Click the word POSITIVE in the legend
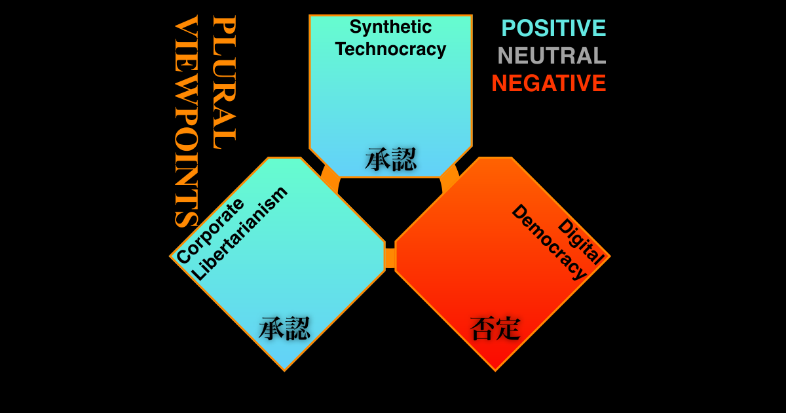click(x=553, y=28)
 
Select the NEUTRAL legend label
click(x=552, y=56)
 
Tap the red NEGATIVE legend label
click(x=549, y=83)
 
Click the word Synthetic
click(x=390, y=28)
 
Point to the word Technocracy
click(x=390, y=49)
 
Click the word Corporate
click(x=210, y=231)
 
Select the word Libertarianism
click(x=240, y=233)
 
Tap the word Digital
click(x=581, y=241)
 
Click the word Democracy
click(x=549, y=242)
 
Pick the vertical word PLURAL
click(x=224, y=82)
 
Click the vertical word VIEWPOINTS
click(x=186, y=121)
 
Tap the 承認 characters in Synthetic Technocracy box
click(x=390, y=159)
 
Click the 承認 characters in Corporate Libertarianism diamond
click(x=284, y=328)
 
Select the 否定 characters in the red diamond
click(x=495, y=328)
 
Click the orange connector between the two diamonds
click(x=390, y=258)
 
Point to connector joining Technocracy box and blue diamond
click(x=331, y=178)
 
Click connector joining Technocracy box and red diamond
click(x=449, y=178)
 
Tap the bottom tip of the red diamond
click(x=495, y=371)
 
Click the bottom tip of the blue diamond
click(x=284, y=371)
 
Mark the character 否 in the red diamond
click(x=482, y=328)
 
